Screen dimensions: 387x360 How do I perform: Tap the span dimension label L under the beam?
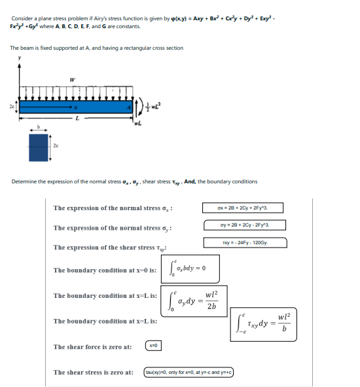point(77,119)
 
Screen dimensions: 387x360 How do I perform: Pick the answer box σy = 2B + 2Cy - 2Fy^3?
point(242,226)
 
